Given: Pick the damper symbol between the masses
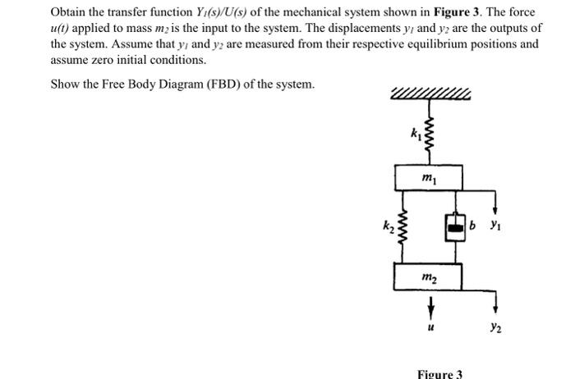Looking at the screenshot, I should click(454, 226).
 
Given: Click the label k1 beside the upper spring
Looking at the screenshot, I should click(415, 133).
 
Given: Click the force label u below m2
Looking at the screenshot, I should click(429, 326).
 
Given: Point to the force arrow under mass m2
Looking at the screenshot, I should click(429, 304).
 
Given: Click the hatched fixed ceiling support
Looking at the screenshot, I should click(428, 94).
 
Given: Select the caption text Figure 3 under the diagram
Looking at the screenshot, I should click(440, 373).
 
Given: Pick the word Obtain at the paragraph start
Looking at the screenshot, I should click(70, 12).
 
